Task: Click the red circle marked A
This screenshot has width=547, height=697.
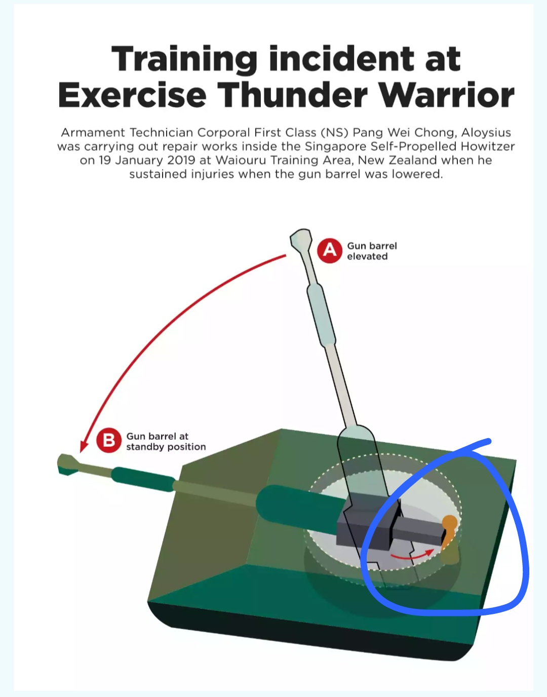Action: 329,251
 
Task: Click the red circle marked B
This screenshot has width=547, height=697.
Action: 109,440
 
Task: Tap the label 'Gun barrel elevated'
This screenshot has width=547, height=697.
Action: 372,251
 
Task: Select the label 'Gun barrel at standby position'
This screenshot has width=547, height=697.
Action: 166,441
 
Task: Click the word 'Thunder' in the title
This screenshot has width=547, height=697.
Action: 294,95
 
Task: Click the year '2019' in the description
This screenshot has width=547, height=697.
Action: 181,160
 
